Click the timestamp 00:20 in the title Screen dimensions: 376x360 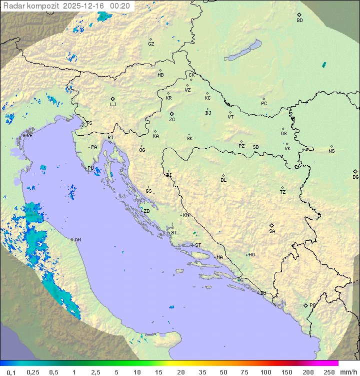click(120, 6)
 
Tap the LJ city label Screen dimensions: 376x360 click(113, 105)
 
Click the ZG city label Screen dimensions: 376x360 click(172, 120)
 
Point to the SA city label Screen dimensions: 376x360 click(272, 231)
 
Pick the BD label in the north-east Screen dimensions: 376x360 click(299, 21)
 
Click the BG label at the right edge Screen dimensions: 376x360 click(355, 177)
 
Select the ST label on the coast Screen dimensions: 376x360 click(198, 245)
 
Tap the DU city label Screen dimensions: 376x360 click(262, 293)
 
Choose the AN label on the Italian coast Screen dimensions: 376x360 click(77, 240)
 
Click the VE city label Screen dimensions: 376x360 click(29, 136)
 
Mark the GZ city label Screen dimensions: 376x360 click(151, 44)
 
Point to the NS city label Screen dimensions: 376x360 click(331, 151)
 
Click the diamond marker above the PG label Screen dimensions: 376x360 click(305, 305)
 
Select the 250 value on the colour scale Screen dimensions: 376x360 click(329, 372)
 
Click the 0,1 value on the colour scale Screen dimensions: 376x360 click(11, 372)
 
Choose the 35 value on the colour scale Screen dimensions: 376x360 click(202, 372)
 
